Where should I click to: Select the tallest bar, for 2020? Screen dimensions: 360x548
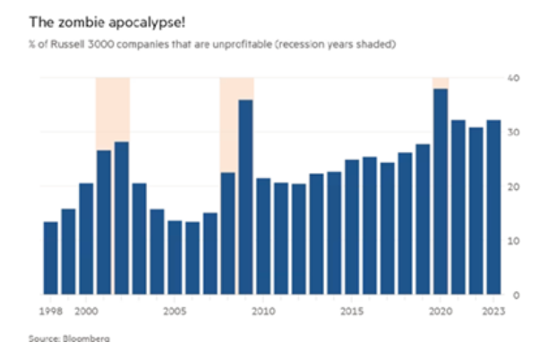coord(440,192)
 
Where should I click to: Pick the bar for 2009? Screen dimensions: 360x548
coord(245,197)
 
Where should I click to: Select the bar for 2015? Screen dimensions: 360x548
coord(352,227)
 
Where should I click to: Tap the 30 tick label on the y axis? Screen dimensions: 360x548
coord(514,132)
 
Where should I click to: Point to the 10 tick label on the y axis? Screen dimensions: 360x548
coord(514,241)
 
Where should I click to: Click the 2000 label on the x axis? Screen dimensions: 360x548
coord(86,312)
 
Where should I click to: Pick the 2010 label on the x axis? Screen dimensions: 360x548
coord(263,312)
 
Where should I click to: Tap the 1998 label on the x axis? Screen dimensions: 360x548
coord(50,312)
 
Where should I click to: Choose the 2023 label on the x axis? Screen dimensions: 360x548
coord(493,312)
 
